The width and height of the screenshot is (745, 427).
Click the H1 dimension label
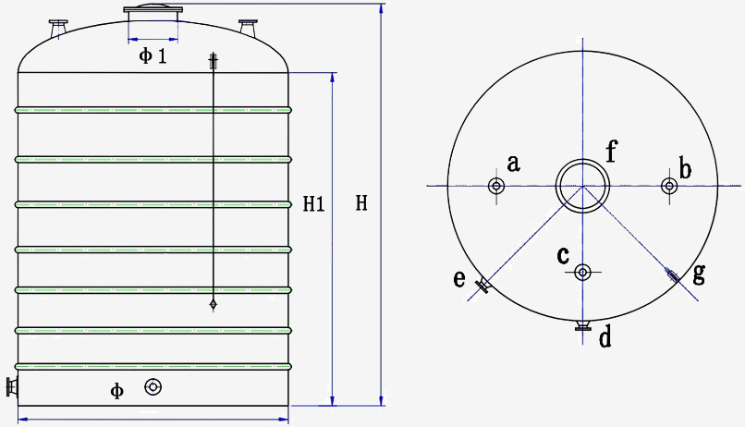tap(313, 204)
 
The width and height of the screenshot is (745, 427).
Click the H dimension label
tap(362, 203)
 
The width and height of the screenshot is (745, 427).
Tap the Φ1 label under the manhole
tap(153, 56)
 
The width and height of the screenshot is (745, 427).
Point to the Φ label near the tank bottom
tap(117, 391)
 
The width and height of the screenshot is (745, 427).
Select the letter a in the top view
tap(514, 165)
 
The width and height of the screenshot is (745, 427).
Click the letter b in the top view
tap(685, 168)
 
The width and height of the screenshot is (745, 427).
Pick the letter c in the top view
tap(563, 255)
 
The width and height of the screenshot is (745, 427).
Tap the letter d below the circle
tap(605, 338)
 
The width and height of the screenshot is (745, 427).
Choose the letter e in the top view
tap(459, 278)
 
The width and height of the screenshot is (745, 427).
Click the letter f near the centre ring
tap(611, 150)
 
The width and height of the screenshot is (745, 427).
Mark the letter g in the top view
tap(699, 273)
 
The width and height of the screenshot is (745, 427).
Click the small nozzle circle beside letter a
tap(496, 187)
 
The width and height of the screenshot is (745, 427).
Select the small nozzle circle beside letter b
tap(668, 186)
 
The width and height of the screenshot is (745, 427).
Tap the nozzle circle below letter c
tap(582, 272)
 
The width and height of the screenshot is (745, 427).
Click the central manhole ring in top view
tap(582, 186)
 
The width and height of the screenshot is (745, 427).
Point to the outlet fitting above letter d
tap(582, 324)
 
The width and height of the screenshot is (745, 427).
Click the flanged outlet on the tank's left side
tap(12, 387)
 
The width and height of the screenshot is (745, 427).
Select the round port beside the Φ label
tap(153, 387)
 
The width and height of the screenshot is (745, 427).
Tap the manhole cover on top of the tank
tap(153, 10)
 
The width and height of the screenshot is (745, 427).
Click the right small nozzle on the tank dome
tap(248, 28)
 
